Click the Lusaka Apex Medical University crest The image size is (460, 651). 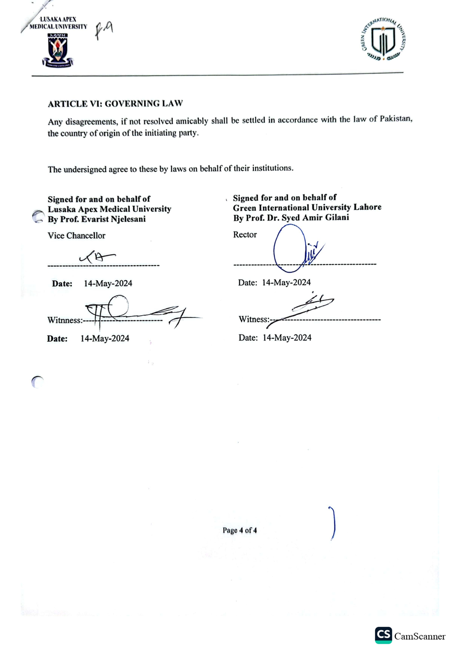(x=58, y=50)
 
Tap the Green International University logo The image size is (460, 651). (x=383, y=40)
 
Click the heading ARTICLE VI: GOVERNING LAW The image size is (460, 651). (x=115, y=103)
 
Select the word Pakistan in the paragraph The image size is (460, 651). (x=395, y=118)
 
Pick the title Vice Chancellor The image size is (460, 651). (x=76, y=235)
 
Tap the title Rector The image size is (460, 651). (x=245, y=234)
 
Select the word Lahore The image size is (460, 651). (x=367, y=207)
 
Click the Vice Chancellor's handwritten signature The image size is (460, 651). (x=97, y=257)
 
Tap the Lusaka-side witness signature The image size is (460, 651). (x=137, y=311)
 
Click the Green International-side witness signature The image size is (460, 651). (x=307, y=307)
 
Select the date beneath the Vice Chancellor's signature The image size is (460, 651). (x=108, y=284)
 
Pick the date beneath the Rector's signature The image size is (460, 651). (x=286, y=283)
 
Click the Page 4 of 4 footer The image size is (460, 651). (x=240, y=530)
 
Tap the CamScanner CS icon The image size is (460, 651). (x=383, y=635)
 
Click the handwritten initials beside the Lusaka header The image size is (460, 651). (x=104, y=30)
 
